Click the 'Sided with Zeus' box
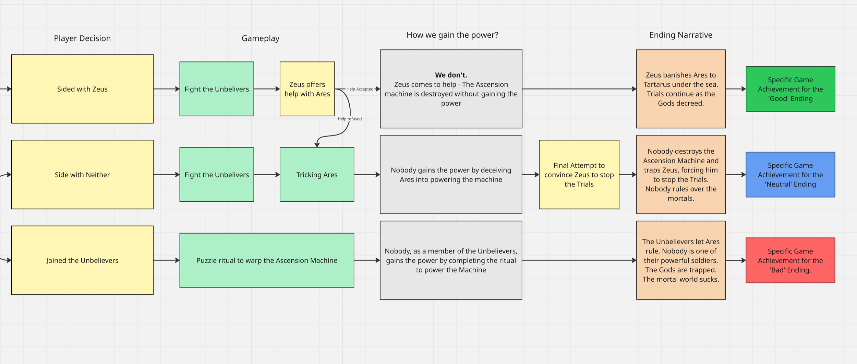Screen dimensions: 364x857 (82, 89)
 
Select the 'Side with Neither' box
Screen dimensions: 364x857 (82, 175)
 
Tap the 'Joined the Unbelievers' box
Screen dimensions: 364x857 (82, 260)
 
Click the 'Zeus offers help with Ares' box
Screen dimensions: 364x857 (307, 89)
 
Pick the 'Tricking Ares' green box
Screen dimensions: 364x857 (317, 175)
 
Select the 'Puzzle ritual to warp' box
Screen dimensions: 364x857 (267, 260)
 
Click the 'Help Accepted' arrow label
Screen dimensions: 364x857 (360, 89)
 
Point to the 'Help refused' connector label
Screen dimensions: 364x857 (350, 119)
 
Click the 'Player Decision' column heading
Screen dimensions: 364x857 (82, 38)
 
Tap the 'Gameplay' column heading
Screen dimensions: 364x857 (261, 38)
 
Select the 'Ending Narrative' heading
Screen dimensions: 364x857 (681, 35)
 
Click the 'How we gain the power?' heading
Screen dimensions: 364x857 (452, 35)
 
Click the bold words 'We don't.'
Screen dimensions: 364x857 (451, 75)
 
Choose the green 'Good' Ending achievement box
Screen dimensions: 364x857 (790, 89)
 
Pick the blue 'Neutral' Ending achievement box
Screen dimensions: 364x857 (790, 175)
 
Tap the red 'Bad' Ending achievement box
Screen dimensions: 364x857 (790, 260)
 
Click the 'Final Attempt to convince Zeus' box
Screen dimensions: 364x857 (579, 175)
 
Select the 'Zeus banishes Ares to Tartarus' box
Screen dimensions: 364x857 (681, 89)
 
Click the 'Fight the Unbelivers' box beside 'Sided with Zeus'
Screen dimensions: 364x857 (217, 89)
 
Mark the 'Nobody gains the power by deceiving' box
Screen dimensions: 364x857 (451, 175)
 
